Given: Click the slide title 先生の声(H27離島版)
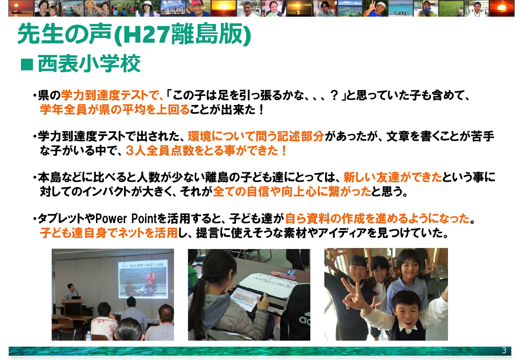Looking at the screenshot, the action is click(134, 34).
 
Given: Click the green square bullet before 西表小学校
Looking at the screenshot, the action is click(27, 64).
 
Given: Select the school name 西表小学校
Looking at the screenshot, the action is click(89, 64).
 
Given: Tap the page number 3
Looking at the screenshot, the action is click(504, 350).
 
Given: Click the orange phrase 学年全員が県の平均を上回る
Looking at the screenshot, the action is click(115, 109).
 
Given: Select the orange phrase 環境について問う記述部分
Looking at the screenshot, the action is click(256, 136).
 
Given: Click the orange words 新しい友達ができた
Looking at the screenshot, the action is click(393, 177).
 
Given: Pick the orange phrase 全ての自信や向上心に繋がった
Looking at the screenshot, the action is click(292, 192).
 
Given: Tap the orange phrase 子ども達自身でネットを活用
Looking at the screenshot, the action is click(109, 233).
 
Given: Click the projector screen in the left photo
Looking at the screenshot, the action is click(143, 279).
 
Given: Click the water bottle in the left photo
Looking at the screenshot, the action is click(88, 336).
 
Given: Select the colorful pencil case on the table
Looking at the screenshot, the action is click(283, 275).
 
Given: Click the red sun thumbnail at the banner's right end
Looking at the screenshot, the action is click(502, 8).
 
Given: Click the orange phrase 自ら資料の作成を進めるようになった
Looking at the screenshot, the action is click(377, 218).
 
